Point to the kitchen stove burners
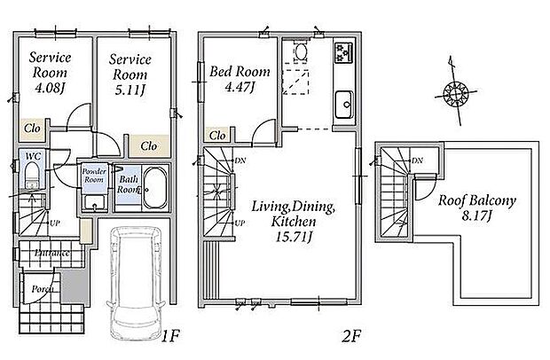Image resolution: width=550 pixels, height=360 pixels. (x=342, y=54)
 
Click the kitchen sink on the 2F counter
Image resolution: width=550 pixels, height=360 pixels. (x=342, y=109)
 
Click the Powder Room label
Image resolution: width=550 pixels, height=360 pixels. (x=93, y=175)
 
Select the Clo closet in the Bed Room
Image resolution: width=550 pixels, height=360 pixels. (x=217, y=135)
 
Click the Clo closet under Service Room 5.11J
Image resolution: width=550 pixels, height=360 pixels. (x=148, y=145)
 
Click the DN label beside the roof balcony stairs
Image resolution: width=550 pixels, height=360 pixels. (x=416, y=160)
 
